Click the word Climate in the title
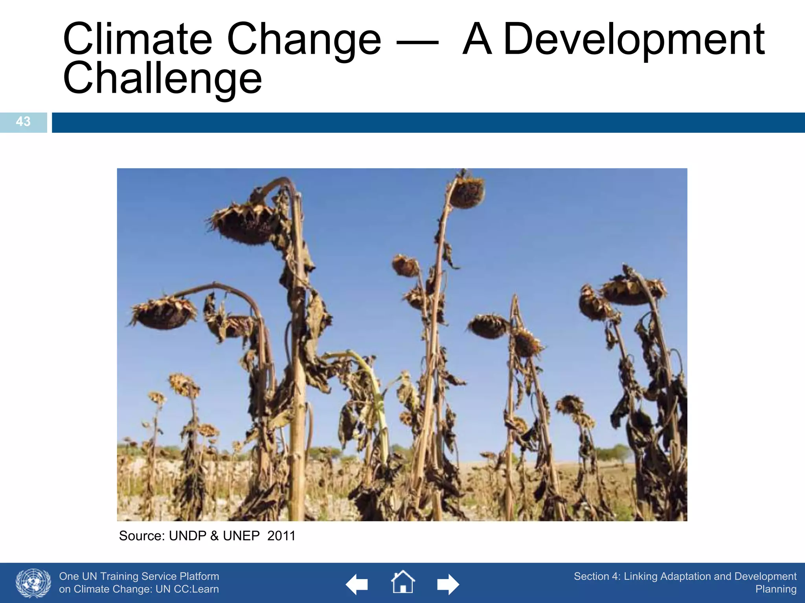(138, 39)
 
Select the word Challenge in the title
(162, 79)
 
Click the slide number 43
(23, 122)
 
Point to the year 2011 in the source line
(281, 536)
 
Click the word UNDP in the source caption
(187, 536)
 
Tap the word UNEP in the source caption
(241, 536)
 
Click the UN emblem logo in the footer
(33, 583)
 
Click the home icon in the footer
(402, 583)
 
